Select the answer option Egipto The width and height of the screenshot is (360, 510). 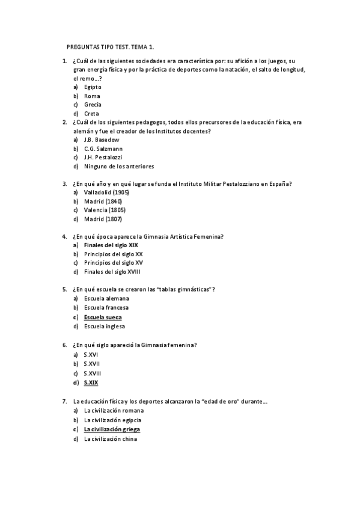coord(93,87)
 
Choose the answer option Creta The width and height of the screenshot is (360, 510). coord(91,113)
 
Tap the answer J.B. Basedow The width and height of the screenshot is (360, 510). coord(102,140)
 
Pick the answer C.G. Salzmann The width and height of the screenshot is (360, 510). coord(103,149)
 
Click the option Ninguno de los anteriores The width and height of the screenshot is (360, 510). coord(119,166)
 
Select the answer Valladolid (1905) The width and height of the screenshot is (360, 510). coord(107,192)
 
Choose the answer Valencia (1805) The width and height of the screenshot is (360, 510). coord(105,210)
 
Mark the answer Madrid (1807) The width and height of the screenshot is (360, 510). coord(103,219)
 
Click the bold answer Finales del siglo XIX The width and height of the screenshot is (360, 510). coord(111,245)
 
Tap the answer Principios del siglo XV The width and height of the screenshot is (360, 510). coord(114,263)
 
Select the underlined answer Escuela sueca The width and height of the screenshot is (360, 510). coord(103,316)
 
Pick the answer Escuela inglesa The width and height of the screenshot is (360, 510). coord(105,325)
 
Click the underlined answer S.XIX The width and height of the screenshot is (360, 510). coord(91,382)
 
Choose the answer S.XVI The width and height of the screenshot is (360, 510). coord(91,355)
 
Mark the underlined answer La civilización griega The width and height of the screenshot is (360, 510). coord(116,429)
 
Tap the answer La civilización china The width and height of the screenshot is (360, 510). coord(111,438)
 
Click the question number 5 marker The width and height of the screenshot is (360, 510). coord(64,289)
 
